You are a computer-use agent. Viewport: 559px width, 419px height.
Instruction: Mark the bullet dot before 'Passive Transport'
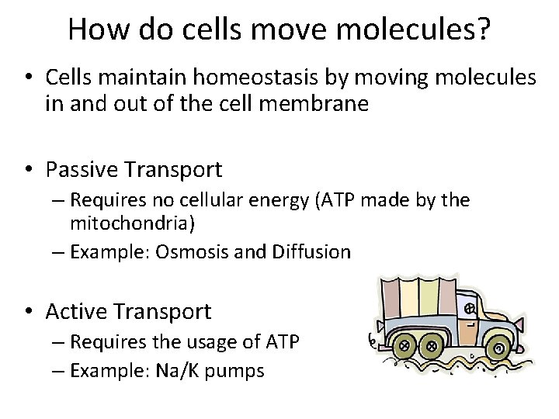point(29,169)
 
